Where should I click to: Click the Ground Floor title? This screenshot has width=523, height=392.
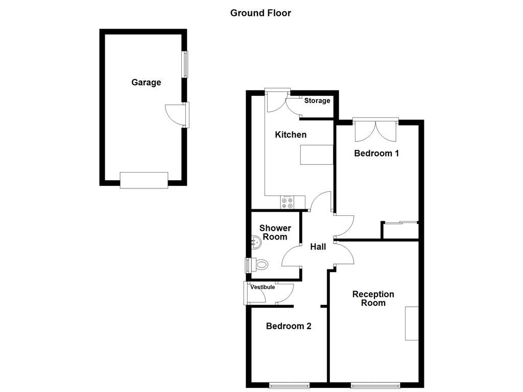(x=260, y=13)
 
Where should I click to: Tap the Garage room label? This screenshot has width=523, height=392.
(x=146, y=82)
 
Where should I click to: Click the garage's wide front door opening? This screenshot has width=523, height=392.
(x=144, y=180)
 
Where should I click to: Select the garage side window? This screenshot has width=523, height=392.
(x=185, y=64)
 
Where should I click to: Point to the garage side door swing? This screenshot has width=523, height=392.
(x=174, y=114)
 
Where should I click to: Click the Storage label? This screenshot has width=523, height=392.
(x=317, y=101)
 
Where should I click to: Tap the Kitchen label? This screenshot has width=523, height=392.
(x=291, y=135)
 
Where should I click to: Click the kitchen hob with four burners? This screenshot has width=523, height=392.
(x=287, y=203)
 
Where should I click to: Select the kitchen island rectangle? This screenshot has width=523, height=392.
(x=316, y=155)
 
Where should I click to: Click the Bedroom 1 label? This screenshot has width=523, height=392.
(x=376, y=153)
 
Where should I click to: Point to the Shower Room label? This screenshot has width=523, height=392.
(x=275, y=232)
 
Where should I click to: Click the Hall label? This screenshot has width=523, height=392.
(x=318, y=247)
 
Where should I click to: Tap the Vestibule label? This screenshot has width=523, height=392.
(x=263, y=287)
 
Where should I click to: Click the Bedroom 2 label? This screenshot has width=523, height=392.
(x=289, y=326)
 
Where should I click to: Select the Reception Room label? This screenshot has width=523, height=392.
(x=373, y=299)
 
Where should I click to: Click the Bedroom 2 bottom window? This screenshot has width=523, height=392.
(x=290, y=386)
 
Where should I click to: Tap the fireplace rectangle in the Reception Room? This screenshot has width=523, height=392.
(x=412, y=323)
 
